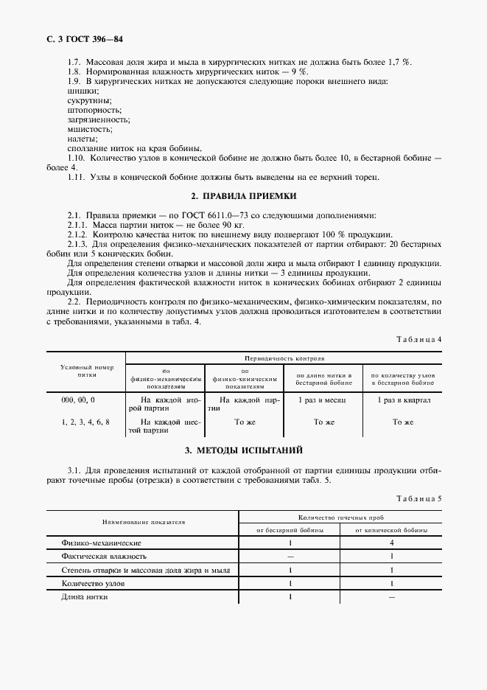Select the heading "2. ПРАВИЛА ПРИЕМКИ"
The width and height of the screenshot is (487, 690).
(x=243, y=197)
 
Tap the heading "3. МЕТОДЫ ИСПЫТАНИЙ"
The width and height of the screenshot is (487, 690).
(x=243, y=450)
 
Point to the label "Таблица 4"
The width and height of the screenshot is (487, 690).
(x=419, y=339)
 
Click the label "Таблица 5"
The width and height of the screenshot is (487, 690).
(x=419, y=499)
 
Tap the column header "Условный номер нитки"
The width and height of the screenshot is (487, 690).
(x=86, y=370)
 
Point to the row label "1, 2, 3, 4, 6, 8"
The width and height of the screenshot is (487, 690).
(x=86, y=422)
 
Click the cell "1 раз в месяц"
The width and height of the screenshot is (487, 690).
(x=318, y=399)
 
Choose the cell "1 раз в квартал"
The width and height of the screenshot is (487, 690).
(x=403, y=399)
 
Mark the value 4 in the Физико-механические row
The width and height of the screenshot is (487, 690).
(x=391, y=543)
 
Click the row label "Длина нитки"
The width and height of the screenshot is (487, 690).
(x=85, y=596)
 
